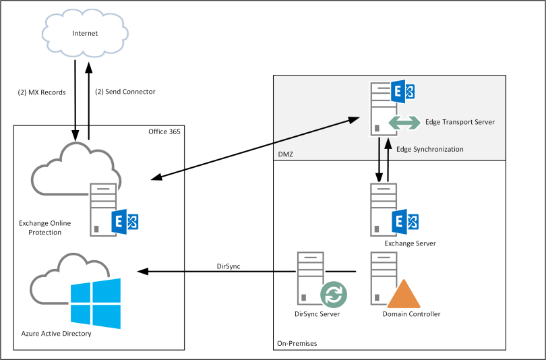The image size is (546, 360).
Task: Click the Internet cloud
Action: point(85,33)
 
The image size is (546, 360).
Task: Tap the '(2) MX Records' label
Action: point(42,92)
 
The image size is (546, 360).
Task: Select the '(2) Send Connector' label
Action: point(125,92)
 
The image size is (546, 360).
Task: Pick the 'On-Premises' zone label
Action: point(297,344)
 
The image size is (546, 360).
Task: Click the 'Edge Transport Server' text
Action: point(460,122)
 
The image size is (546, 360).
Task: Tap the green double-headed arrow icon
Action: point(403,123)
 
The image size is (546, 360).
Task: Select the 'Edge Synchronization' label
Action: point(430,148)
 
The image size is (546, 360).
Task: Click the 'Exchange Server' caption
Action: point(410,243)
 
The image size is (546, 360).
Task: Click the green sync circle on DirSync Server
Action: point(332,294)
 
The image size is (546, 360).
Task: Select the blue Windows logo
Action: point(96,303)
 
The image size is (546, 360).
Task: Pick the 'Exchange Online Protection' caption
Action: point(45,228)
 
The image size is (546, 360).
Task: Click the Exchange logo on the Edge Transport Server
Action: point(403,91)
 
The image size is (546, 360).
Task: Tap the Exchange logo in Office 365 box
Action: point(125,221)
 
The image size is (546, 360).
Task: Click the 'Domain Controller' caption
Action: point(411,314)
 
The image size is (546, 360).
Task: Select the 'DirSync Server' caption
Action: point(317,314)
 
